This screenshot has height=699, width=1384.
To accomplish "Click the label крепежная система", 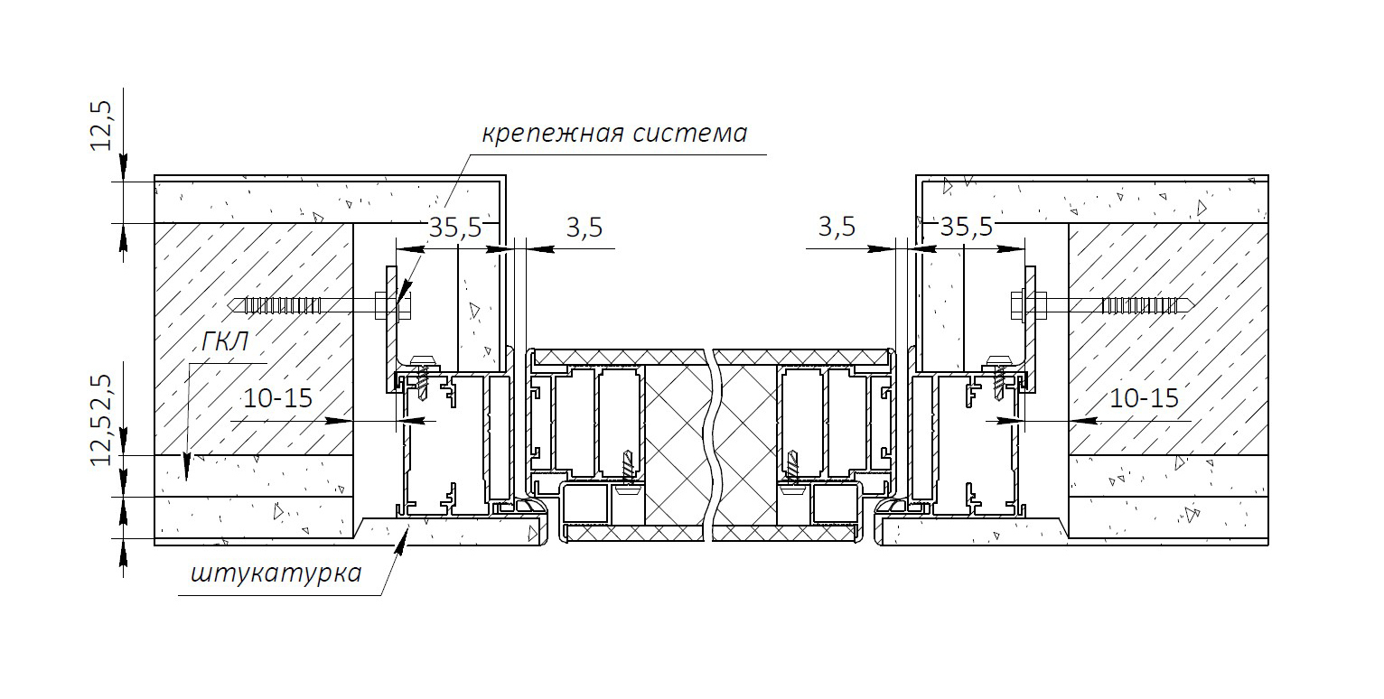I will coord(614,134).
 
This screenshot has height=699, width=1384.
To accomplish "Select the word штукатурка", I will coord(276,573).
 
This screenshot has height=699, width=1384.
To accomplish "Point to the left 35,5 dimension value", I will coord(454,228).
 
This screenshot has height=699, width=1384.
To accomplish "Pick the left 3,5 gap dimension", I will coord(584,228).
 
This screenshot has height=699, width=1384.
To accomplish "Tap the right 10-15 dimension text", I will coord(1145,397).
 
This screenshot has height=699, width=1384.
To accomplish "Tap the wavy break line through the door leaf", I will coord(714,443).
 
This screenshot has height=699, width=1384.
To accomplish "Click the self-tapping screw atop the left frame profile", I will coord(422,376).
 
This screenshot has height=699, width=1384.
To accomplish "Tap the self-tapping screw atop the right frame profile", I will coord(999,376).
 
